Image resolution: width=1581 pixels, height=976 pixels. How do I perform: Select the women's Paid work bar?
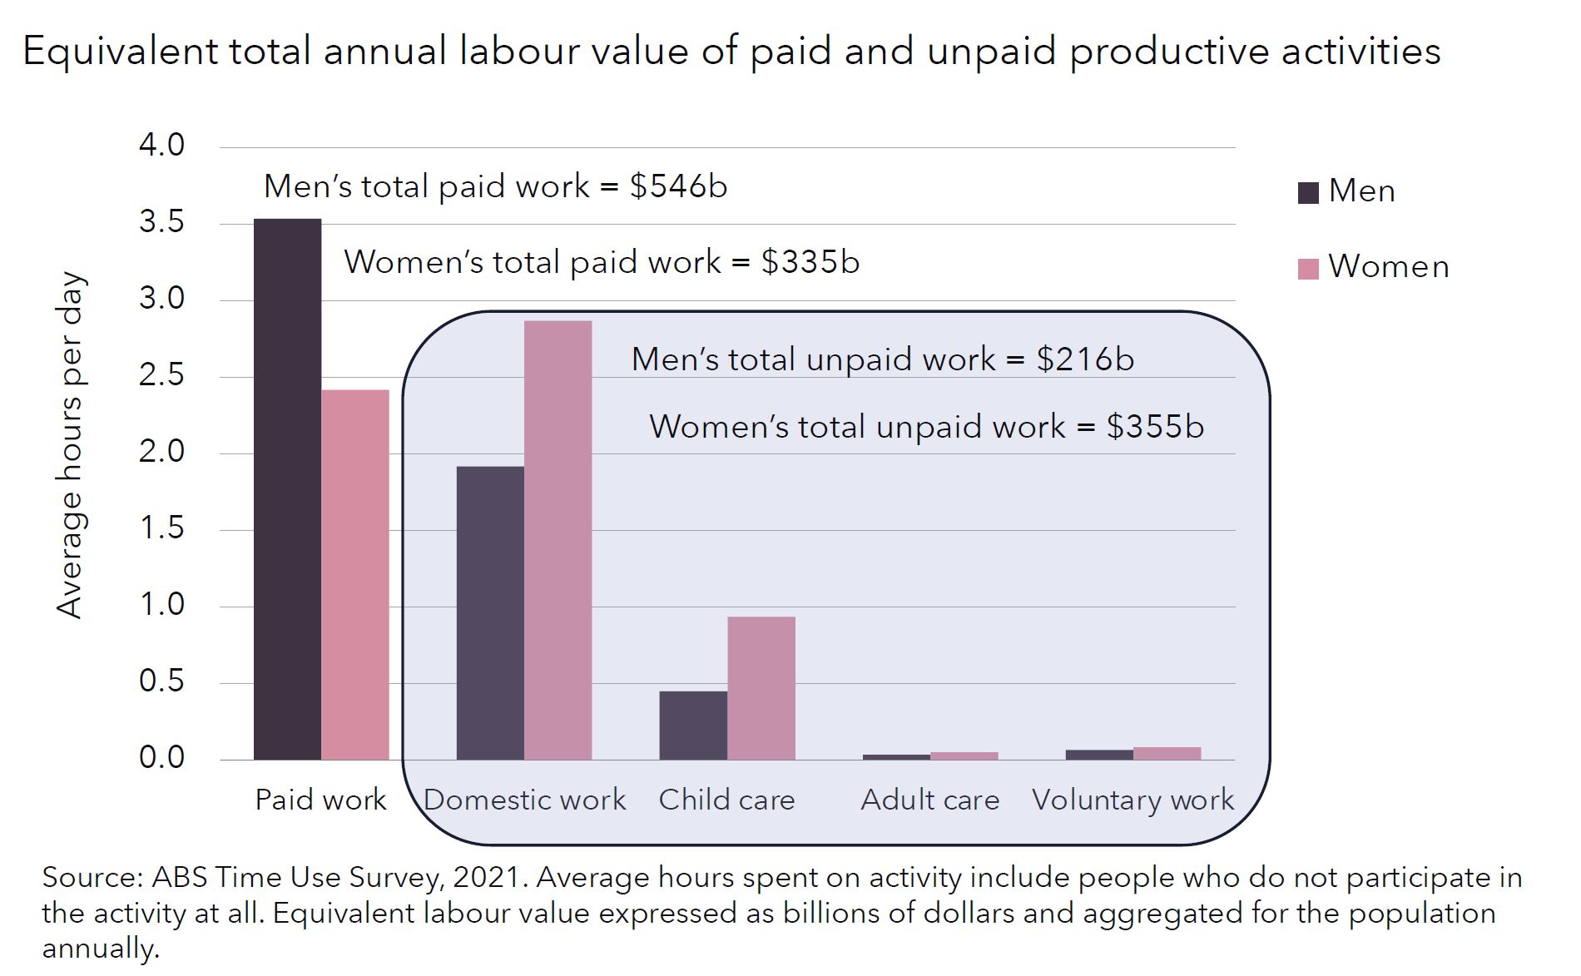(x=355, y=574)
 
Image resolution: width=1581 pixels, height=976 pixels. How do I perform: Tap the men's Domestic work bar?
(x=490, y=613)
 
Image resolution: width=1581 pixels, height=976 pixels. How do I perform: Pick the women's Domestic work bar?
(x=558, y=540)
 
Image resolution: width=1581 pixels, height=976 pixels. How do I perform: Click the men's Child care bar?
(x=693, y=726)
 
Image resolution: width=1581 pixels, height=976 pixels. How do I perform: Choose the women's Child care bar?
(x=761, y=688)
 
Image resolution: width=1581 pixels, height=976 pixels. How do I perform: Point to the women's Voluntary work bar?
(x=1167, y=754)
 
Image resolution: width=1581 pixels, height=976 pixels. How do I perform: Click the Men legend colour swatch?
(x=1308, y=193)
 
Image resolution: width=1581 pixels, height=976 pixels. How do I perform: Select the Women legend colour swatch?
(x=1308, y=269)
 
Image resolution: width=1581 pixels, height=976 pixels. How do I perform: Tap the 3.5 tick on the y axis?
(x=161, y=222)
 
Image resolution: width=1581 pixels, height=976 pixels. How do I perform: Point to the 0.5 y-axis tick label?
(x=161, y=681)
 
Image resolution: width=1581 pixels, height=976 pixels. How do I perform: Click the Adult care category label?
(x=929, y=800)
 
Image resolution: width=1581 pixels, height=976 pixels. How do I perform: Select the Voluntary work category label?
(x=1132, y=800)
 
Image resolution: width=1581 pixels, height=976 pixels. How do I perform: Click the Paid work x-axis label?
(x=320, y=800)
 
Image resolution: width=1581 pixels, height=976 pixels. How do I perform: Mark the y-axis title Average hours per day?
(x=70, y=445)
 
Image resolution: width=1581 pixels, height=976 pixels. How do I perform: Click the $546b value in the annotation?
(x=678, y=186)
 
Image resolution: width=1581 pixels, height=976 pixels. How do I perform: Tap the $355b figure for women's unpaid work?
(x=1154, y=427)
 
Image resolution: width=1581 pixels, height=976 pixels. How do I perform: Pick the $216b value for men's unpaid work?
(x=1085, y=359)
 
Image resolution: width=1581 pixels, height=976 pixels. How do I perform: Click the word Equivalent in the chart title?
(x=121, y=52)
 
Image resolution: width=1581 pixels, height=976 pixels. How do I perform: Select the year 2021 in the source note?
(x=489, y=878)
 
